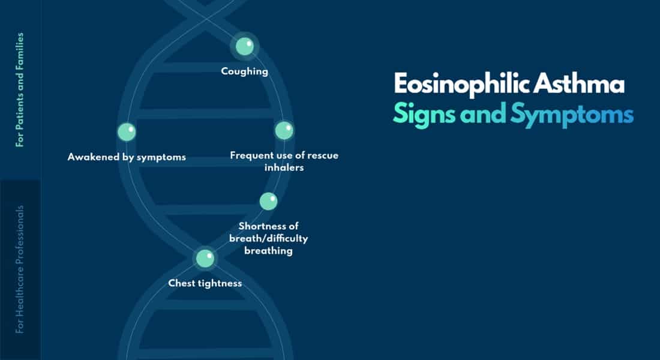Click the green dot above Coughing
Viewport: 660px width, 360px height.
245,46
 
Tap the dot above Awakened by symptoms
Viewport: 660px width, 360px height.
127,132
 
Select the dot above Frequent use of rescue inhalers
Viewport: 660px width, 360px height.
284,130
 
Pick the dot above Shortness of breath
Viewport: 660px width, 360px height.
269,201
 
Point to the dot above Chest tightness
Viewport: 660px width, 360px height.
205,258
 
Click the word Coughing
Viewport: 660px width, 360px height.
245,71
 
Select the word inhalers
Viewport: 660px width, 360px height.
284,167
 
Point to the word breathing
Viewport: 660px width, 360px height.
269,251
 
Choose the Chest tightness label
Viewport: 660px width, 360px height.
205,283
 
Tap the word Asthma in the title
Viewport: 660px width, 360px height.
579,83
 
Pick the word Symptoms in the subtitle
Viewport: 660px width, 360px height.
572,115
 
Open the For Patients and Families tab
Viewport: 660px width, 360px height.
20,89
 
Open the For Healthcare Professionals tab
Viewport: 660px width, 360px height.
20,269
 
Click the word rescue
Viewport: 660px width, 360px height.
323,155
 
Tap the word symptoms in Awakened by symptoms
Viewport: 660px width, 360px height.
161,157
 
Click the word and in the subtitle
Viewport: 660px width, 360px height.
483,113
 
